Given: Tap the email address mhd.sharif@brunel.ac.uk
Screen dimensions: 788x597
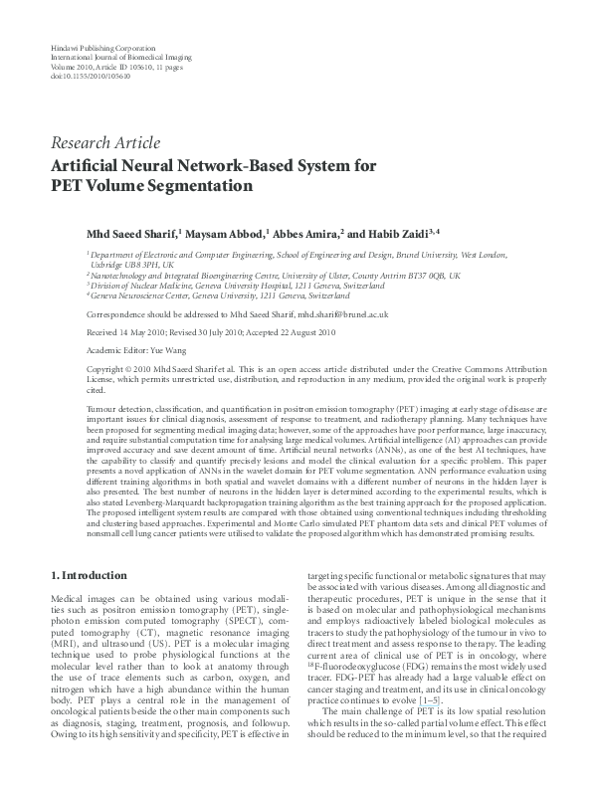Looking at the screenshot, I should coord(335,313).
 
